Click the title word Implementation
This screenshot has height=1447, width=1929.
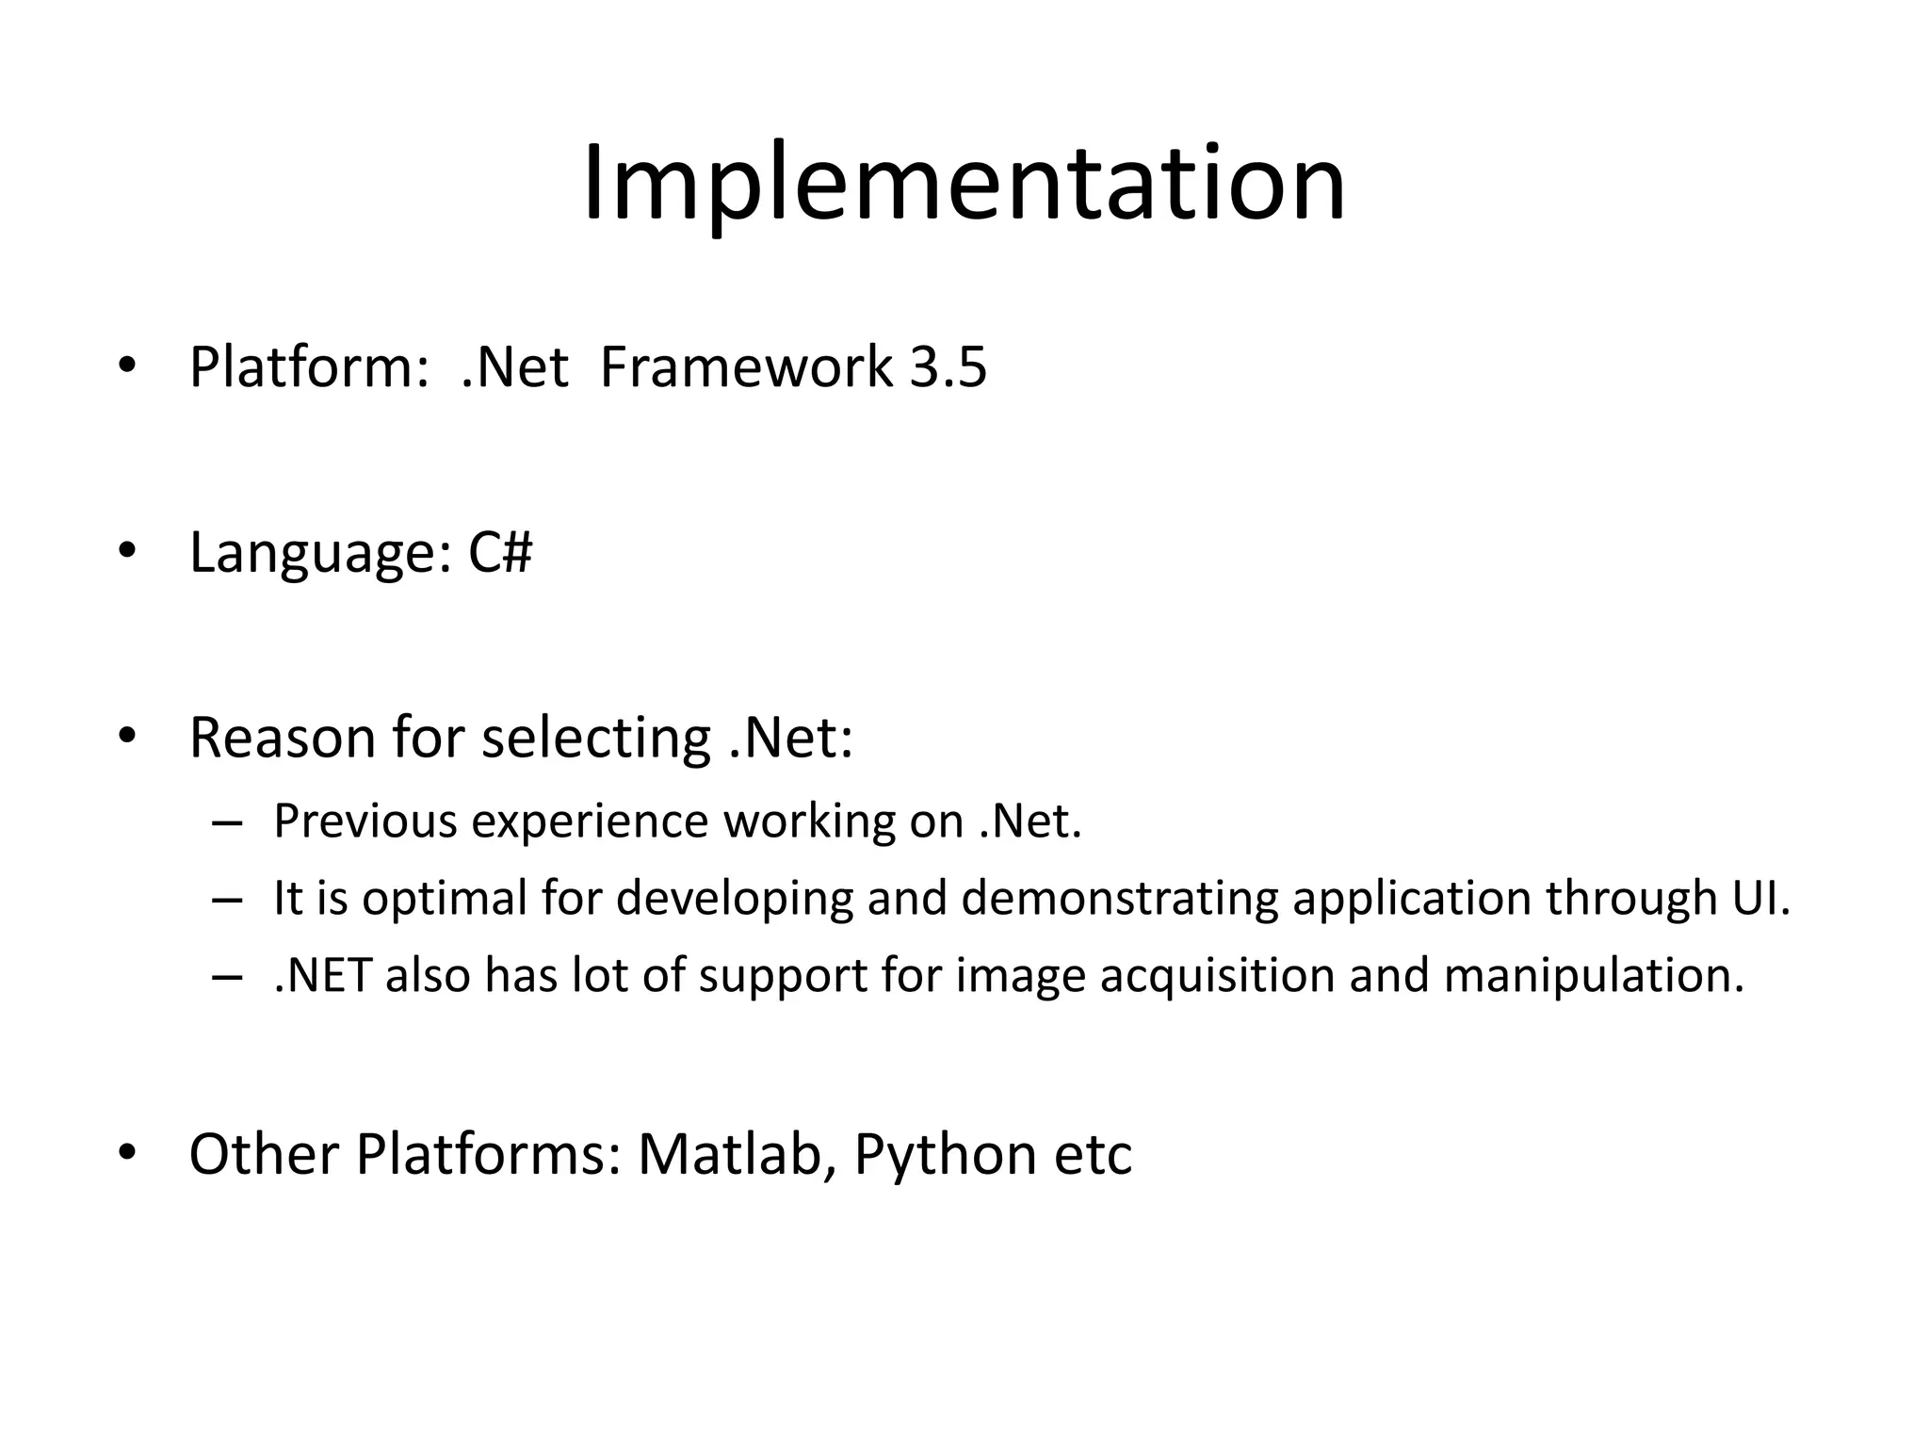pos(964,184)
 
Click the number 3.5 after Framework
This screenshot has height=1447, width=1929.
pos(948,367)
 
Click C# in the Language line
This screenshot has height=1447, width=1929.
pos(500,552)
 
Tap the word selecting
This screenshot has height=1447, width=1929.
pos(595,740)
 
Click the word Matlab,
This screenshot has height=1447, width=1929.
pos(738,1154)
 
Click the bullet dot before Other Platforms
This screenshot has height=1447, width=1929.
pos(128,1153)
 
